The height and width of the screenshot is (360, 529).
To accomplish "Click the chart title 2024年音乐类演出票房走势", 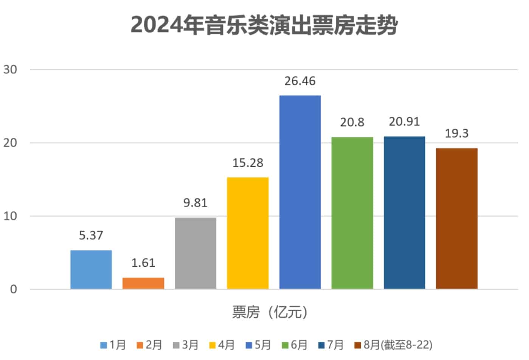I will (264, 26).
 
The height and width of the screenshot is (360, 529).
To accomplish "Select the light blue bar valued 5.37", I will (91, 270).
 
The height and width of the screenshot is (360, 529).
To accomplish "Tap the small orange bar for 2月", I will (143, 283).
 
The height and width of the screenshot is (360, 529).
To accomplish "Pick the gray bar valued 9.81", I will (195, 253).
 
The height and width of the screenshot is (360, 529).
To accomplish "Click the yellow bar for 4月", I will (248, 233).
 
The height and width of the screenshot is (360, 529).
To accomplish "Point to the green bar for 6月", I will (352, 213).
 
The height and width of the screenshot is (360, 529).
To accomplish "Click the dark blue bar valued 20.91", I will (404, 213).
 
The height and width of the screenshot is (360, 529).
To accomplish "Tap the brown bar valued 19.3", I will (456, 219).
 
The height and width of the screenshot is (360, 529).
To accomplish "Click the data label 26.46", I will (300, 81).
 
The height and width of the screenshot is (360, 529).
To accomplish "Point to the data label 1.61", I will (143, 263).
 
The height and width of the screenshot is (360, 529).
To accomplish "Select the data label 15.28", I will (248, 163).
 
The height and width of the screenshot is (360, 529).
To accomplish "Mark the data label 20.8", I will (352, 123).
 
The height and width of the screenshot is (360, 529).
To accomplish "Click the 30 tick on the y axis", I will (10, 70).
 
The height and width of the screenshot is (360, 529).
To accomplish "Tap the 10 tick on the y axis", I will (10, 216).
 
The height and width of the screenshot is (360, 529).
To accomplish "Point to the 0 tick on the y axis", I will (14, 290).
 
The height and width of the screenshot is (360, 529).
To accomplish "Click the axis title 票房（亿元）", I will (270, 312).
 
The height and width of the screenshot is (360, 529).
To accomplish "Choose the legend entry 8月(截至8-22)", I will (393, 345).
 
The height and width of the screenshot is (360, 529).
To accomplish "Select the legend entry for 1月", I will (113, 345).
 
